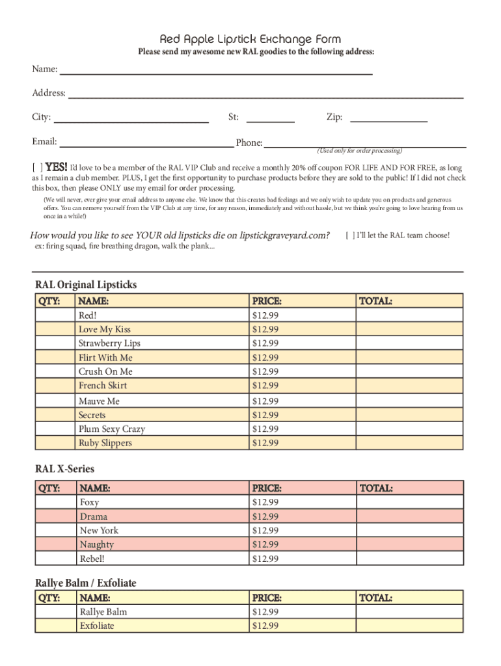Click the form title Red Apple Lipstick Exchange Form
pos(251,39)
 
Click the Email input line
pos(146,142)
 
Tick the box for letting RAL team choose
pos(350,235)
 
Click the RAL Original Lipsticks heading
pos(86,285)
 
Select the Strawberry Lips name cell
pos(109,343)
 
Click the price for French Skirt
pos(265,386)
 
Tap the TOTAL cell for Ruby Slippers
pos(409,444)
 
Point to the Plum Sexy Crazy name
pos(112,429)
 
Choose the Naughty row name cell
pos(97,545)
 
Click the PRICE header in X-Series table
pos(267,488)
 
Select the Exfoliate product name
pos(97,626)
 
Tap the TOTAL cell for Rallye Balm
pos(409,612)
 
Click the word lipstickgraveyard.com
pos(284,235)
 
